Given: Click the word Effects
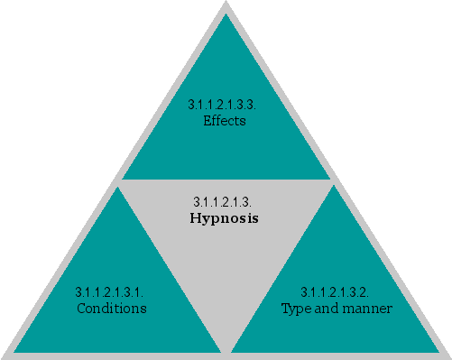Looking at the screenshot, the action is coord(226,121).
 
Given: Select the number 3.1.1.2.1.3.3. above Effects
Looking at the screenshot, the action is coord(226,106).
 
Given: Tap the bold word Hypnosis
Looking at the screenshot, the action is coord(225,218).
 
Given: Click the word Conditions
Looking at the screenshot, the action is coord(111,309).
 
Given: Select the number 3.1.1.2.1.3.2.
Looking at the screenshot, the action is coord(335,293).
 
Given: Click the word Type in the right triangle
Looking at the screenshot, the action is coord(294,309).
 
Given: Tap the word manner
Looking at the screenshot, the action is coord(366,309).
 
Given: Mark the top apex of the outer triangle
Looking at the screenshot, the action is coord(226,3).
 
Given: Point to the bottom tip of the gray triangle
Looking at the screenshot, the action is coord(226,348).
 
